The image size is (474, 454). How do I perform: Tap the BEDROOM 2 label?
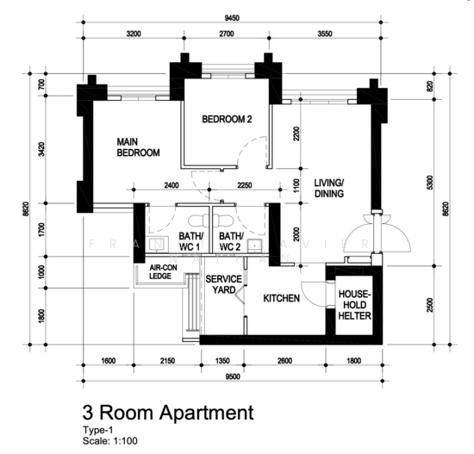[227, 120]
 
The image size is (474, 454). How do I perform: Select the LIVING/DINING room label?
[329, 188]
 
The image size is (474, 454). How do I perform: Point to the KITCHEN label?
[282, 298]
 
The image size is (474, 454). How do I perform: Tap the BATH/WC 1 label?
[190, 241]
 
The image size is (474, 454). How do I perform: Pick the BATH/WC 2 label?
[230, 241]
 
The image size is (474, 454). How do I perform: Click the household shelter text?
[354, 306]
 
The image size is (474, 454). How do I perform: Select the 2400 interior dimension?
[171, 184]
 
